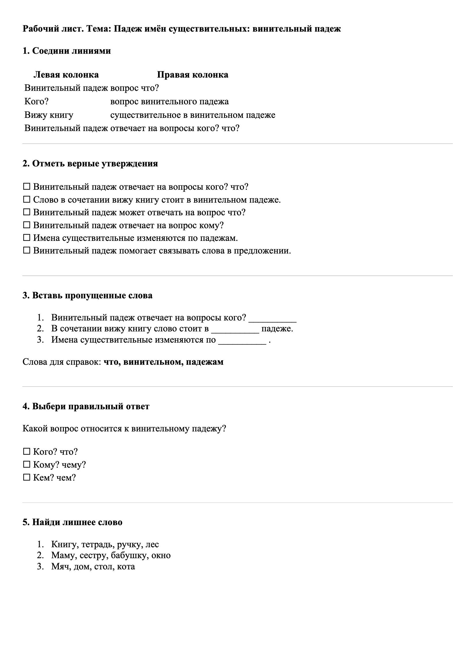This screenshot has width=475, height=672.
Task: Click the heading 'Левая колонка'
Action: click(66, 75)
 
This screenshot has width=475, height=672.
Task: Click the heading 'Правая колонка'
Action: click(193, 75)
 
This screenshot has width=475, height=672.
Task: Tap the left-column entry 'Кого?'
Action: click(36, 101)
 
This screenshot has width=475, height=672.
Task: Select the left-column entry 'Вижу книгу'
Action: click(49, 115)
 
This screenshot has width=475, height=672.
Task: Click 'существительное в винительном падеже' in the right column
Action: click(193, 115)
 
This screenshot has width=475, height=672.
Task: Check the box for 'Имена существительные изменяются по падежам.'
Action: click(27, 238)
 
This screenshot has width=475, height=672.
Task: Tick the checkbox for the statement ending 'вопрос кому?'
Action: click(27, 225)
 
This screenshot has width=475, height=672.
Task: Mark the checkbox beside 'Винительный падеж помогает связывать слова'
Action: click(27, 251)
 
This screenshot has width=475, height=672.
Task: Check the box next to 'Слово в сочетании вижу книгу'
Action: click(27, 199)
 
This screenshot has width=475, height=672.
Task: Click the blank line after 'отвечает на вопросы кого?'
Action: click(272, 318)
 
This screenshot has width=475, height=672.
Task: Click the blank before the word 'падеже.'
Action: click(235, 329)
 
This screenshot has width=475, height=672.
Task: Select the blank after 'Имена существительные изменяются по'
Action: click(242, 340)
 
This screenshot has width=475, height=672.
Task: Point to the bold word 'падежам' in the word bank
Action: click(205, 362)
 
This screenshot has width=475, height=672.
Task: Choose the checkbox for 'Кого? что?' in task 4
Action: click(27, 452)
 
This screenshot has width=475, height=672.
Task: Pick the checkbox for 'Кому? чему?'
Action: click(27, 464)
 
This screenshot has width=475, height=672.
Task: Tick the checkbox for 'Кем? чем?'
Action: click(27, 477)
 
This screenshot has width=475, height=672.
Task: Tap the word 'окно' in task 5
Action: click(161, 555)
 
